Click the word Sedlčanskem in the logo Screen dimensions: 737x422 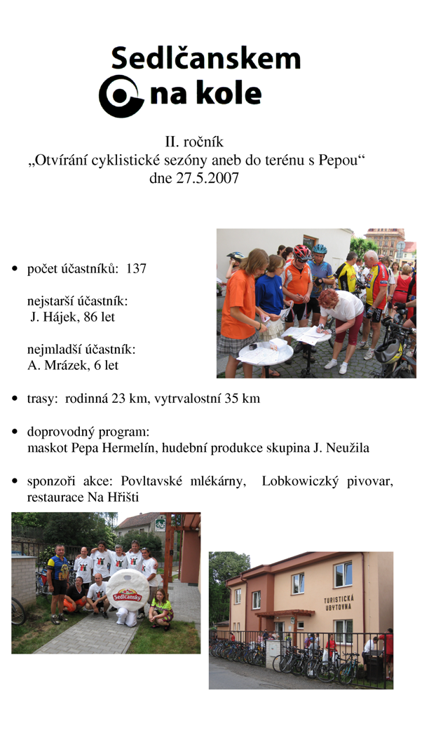pyautogui.click(x=205, y=59)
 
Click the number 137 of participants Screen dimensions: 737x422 pyautogui.click(x=136, y=268)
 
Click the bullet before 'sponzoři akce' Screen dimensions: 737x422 pyautogui.click(x=15, y=482)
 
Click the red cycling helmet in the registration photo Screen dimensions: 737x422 pyautogui.click(x=301, y=252)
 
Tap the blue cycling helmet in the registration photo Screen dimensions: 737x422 pyautogui.click(x=320, y=249)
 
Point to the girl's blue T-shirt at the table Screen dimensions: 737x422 pyautogui.click(x=269, y=294)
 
